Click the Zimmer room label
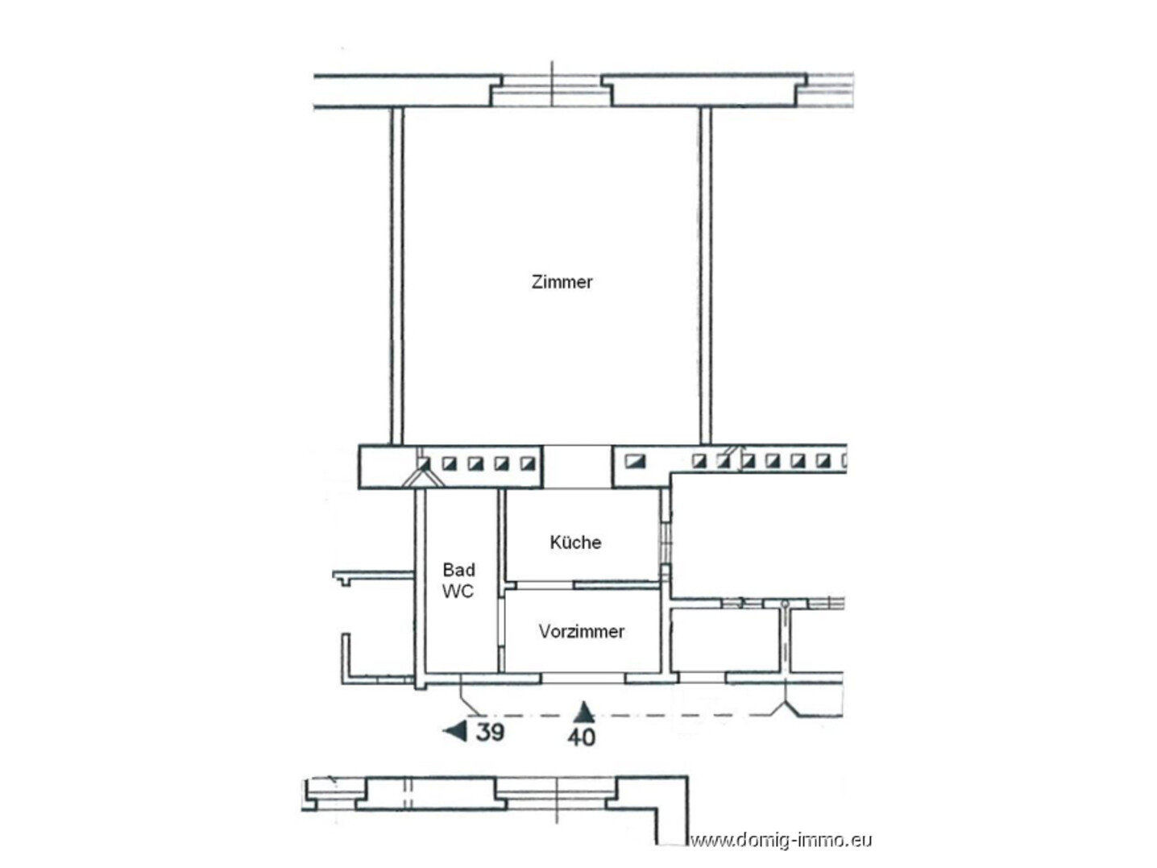pos(562,282)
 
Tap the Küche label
pos(575,542)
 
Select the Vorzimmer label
pos(582,631)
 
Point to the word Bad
pos(458,570)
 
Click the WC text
pos(458,592)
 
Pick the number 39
pos(490,732)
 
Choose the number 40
pos(582,737)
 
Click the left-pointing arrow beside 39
pos(456,732)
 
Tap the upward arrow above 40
pos(584,712)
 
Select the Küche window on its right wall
pos(666,543)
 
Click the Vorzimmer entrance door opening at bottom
pos(583,678)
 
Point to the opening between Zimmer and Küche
pos(577,467)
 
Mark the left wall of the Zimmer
pos(396,276)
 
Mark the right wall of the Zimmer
pos(705,276)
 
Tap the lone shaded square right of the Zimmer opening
pos(635,462)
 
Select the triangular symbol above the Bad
pos(423,478)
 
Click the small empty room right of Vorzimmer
pos(725,641)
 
